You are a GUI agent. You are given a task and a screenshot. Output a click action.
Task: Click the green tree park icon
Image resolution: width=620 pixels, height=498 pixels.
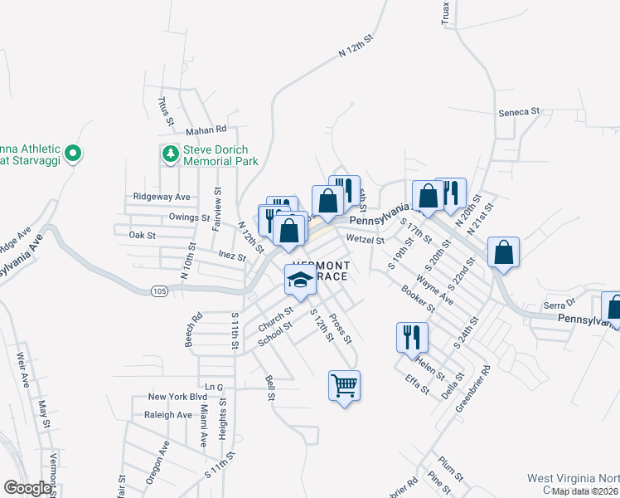(170, 153)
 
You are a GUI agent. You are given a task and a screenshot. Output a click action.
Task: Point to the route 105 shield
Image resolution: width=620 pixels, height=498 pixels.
(160, 290)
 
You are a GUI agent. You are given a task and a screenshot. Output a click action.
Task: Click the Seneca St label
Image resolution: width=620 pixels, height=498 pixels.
(519, 110)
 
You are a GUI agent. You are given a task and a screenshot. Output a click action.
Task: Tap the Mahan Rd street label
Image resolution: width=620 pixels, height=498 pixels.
(206, 129)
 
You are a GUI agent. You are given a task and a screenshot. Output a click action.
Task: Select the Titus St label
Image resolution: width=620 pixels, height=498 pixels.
(166, 110)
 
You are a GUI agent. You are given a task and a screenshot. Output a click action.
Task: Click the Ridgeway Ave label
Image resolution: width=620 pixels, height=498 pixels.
(162, 197)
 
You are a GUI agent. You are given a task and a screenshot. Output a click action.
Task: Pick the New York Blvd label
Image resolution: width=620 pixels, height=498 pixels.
(177, 397)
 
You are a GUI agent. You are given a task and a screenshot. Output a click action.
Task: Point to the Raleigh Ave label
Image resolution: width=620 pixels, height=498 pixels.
(167, 415)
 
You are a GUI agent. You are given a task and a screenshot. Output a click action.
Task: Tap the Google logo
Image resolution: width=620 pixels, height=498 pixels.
(27, 488)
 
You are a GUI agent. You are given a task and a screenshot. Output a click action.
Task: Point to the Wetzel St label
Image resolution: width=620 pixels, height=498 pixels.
(366, 240)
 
